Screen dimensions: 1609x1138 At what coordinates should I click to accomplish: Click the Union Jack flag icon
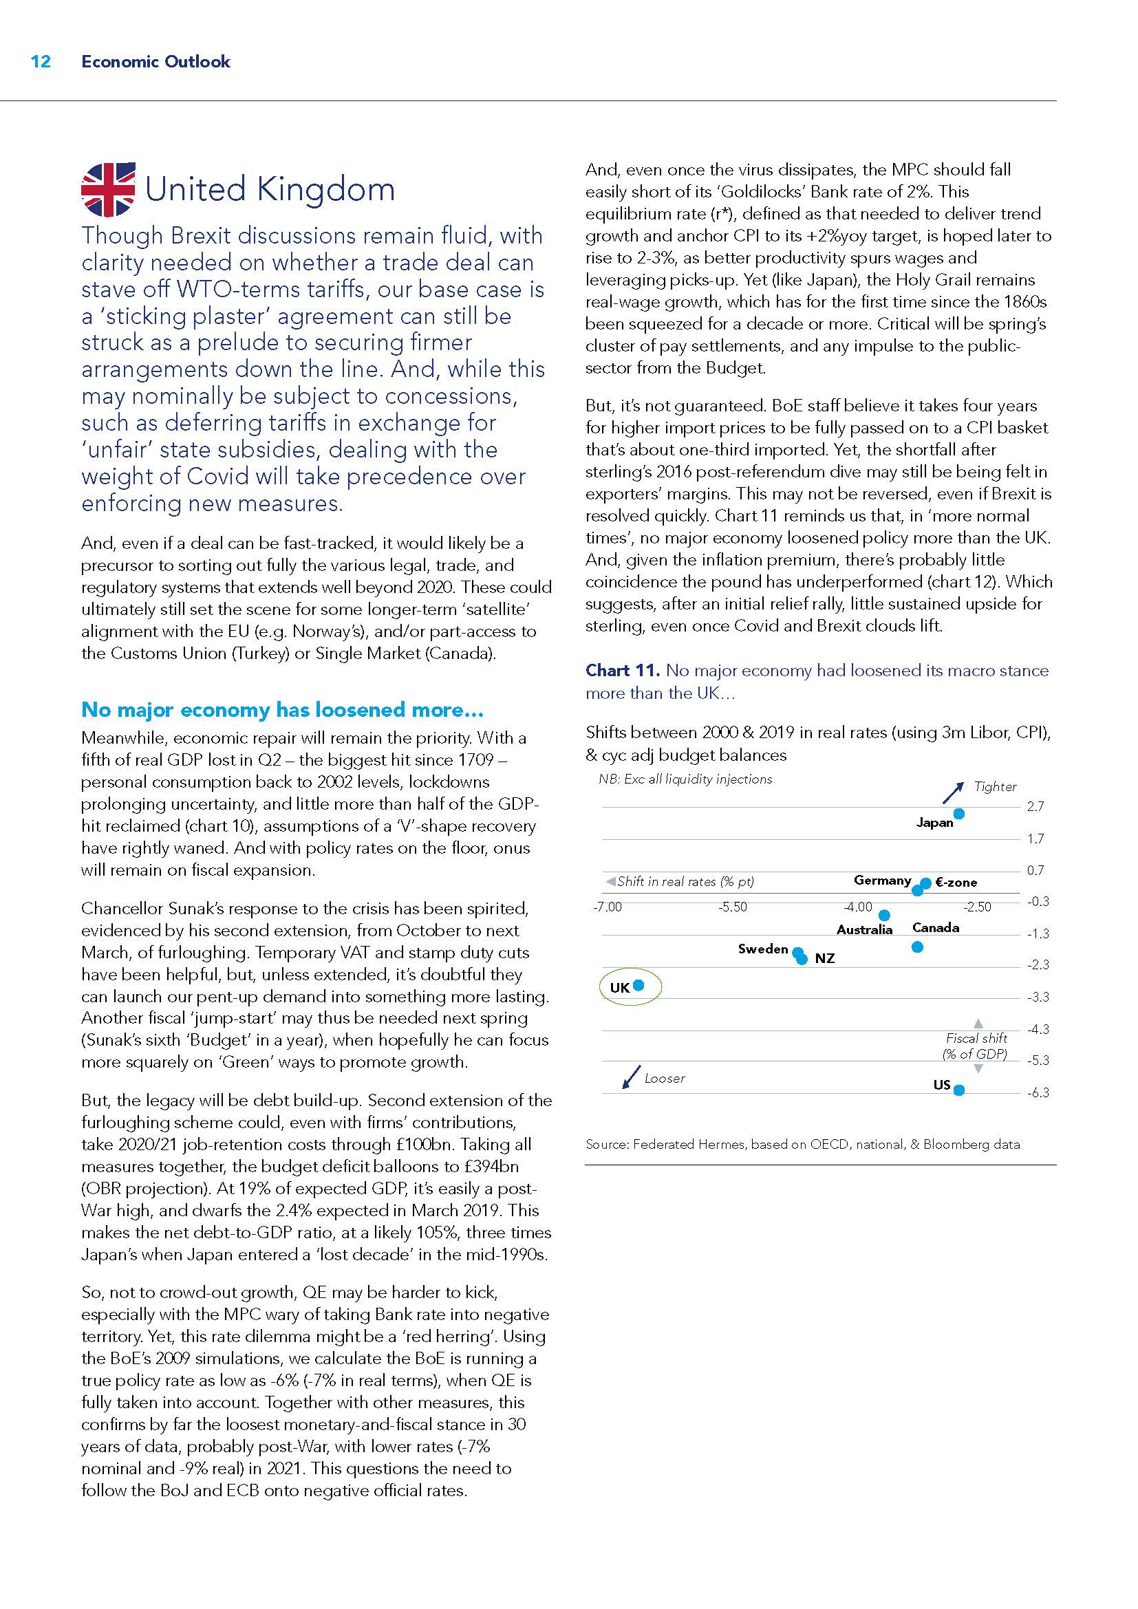coord(108,189)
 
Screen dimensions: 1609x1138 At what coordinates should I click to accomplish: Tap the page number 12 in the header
coord(41,62)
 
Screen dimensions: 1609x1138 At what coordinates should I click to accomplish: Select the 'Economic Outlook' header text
coord(155,62)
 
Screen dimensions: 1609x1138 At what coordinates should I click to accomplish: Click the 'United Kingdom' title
coord(270,190)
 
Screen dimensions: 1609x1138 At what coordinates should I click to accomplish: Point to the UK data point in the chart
coord(638,985)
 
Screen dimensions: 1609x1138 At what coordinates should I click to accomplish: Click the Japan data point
coord(959,814)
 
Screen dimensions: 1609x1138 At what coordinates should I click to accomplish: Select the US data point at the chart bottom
coord(959,1090)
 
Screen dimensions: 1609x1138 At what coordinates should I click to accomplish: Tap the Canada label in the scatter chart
coord(936,928)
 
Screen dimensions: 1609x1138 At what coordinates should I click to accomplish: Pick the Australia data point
coord(884,915)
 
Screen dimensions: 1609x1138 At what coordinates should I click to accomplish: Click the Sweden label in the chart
coord(762,949)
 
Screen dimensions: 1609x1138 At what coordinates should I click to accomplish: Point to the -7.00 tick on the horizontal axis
coord(607,907)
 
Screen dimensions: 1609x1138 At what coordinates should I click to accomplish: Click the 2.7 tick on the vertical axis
coord(1035,807)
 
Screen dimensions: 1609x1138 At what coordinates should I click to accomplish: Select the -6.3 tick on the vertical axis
coord(1038,1093)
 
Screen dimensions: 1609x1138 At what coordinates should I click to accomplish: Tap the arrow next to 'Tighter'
coord(953,792)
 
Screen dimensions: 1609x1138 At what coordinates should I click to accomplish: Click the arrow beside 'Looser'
coord(632,1078)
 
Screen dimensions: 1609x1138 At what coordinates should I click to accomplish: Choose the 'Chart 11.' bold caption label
coord(622,671)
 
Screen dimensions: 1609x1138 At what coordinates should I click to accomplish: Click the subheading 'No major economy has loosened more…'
coord(282,710)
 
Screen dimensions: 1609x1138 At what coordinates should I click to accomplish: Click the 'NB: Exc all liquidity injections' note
coord(685,779)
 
